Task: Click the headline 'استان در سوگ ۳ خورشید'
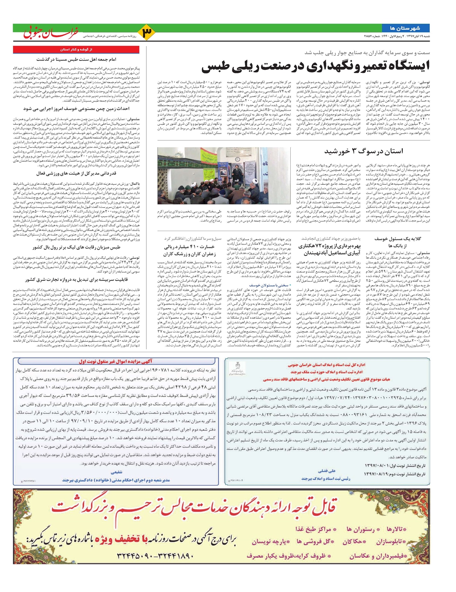[364, 151]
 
